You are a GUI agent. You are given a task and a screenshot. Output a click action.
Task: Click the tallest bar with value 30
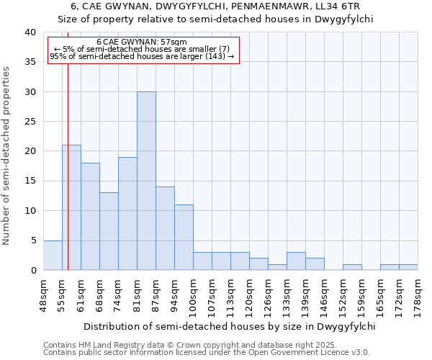click(146, 181)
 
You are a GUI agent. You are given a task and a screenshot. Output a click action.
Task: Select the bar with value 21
click(71, 207)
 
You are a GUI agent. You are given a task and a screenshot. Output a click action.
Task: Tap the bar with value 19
click(127, 213)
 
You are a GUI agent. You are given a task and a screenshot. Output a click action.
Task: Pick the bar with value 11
click(184, 237)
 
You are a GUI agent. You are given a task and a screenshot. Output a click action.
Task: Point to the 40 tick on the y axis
click(30, 32)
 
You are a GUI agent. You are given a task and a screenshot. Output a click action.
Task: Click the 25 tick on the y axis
click(30, 122)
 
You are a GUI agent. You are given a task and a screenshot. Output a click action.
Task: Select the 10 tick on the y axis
click(30, 211)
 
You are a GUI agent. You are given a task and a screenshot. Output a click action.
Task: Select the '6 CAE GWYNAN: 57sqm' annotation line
click(141, 42)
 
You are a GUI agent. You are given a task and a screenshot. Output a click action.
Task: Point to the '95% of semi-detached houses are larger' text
click(141, 56)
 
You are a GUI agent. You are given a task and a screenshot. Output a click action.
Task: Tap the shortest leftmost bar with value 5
click(53, 255)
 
